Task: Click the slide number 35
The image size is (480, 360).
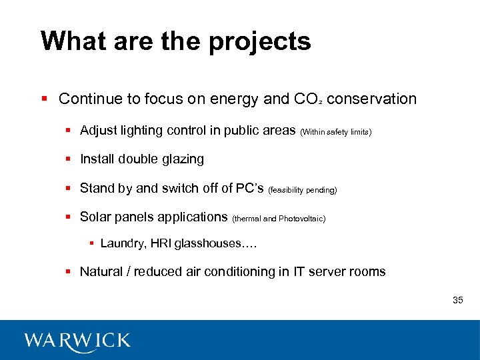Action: (457, 300)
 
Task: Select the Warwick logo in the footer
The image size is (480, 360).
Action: (77, 340)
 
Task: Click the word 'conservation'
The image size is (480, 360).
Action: (371, 99)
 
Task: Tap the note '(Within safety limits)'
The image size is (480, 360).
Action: (336, 132)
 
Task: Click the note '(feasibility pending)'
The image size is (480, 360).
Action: (302, 190)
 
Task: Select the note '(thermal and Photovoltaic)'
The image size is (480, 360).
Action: (279, 219)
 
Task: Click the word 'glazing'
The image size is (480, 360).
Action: (181, 159)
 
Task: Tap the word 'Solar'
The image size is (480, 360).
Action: (95, 217)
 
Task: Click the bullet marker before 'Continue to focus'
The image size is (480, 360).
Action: (43, 99)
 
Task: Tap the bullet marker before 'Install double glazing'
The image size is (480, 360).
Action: (69, 159)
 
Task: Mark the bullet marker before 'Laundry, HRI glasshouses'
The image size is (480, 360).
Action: (91, 243)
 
